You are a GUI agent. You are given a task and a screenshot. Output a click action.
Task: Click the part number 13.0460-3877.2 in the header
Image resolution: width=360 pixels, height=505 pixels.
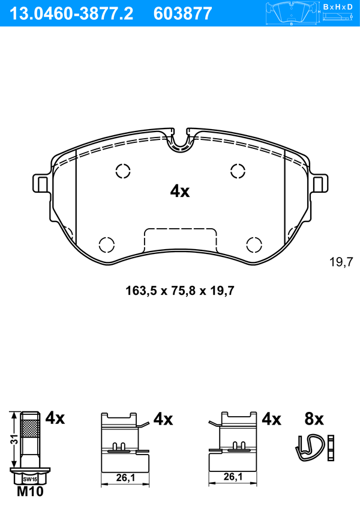(72, 14)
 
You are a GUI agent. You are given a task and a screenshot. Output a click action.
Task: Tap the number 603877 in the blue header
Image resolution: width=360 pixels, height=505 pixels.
(183, 14)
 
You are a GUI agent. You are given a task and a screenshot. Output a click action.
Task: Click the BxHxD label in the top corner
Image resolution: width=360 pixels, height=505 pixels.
(338, 7)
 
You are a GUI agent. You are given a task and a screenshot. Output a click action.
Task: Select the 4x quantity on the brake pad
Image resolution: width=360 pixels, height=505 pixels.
(180, 192)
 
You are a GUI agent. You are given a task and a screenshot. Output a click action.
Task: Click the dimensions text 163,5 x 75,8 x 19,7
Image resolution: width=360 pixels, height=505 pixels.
(180, 291)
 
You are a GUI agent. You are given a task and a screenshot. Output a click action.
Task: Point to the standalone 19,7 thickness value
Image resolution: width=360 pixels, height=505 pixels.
(341, 262)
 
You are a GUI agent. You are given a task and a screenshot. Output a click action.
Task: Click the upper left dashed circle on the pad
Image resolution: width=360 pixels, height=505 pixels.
(123, 171)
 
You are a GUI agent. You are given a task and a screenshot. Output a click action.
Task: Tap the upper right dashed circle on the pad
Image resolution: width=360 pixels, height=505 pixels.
(238, 171)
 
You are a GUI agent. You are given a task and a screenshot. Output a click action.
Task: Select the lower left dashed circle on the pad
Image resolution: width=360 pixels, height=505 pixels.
(106, 245)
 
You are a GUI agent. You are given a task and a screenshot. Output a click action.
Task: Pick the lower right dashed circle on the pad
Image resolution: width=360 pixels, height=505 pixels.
(254, 245)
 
